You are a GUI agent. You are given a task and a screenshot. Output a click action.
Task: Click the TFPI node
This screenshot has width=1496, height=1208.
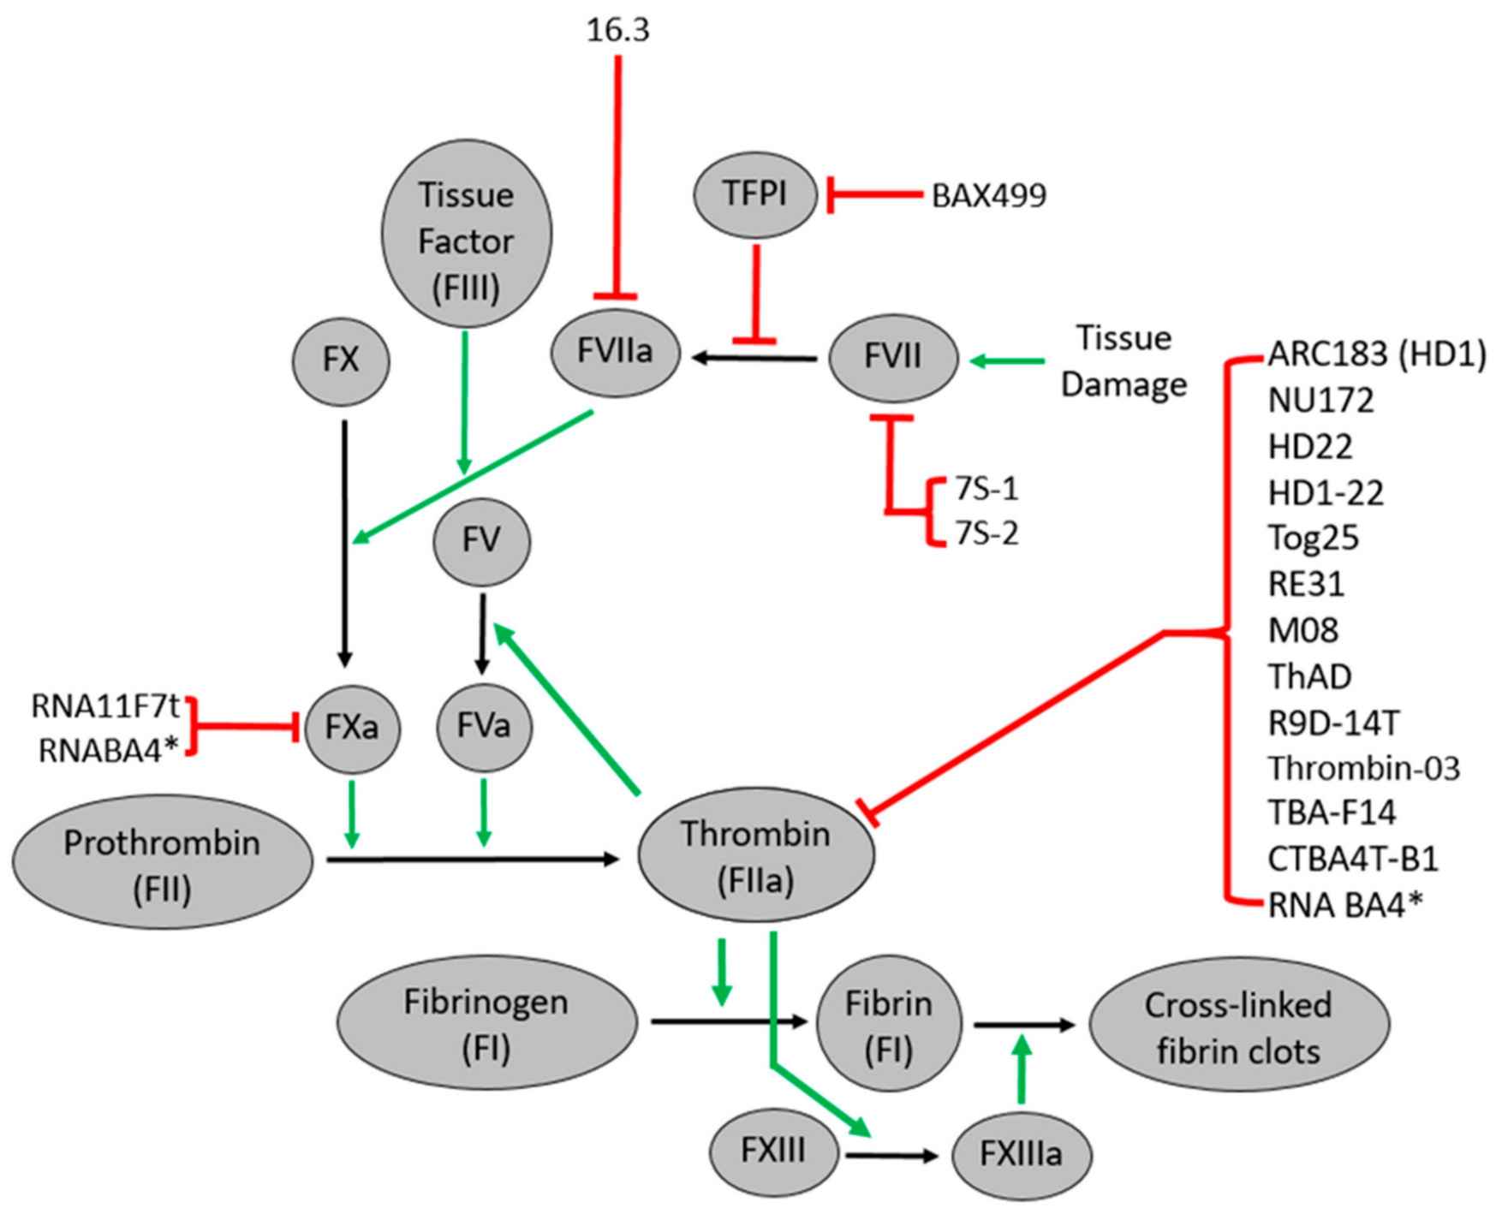[755, 195]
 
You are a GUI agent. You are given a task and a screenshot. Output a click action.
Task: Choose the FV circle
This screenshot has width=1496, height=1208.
[482, 542]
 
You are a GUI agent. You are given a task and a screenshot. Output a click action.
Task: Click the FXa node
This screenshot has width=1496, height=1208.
[352, 727]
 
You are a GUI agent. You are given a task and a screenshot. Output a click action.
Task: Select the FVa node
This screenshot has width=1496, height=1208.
[484, 727]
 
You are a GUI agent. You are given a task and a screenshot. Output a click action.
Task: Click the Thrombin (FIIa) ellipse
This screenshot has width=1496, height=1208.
[756, 857]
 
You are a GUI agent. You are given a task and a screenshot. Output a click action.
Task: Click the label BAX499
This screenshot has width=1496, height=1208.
[988, 196]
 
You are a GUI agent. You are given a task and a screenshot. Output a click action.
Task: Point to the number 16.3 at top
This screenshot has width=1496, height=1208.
[618, 31]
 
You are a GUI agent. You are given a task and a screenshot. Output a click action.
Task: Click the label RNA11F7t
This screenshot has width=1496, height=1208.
[105, 706]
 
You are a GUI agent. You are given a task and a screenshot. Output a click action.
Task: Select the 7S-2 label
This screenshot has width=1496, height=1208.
[986, 535]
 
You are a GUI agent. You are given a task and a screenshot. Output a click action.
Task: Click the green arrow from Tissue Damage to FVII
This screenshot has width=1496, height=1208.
[1007, 362]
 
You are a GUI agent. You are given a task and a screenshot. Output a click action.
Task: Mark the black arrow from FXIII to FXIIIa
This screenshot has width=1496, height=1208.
[891, 1156]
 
